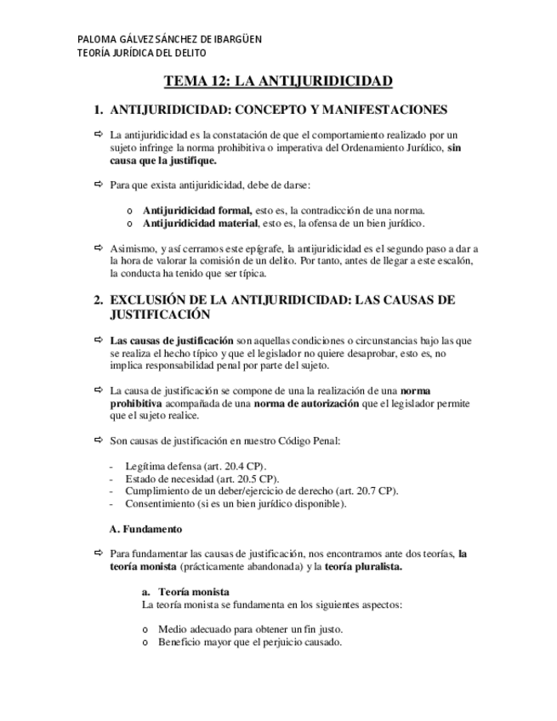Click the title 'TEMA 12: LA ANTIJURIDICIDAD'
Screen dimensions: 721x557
coord(278,82)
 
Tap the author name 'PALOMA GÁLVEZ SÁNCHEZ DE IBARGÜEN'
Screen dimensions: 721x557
coord(169,39)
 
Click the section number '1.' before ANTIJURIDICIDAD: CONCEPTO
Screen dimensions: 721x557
coord(99,110)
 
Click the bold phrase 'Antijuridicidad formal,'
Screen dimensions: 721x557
coord(196,210)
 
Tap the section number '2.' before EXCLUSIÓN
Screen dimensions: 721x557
coord(99,300)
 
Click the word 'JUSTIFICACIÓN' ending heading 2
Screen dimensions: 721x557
coord(160,314)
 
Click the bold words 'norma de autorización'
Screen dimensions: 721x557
coord(306,404)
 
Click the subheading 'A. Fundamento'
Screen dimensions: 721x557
coord(145,528)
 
